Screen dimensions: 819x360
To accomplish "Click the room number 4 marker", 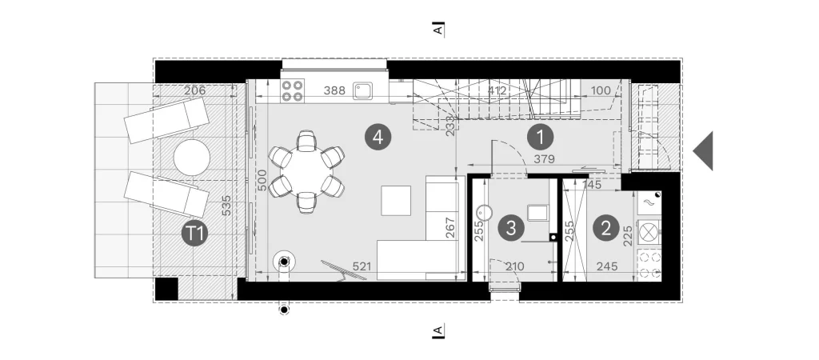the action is [378, 138].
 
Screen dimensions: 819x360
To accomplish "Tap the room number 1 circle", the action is [540, 138].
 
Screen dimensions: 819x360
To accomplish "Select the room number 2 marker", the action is [606, 228].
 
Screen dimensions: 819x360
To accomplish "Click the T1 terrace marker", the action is [194, 234].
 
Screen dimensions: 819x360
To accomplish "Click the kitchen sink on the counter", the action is [362, 91].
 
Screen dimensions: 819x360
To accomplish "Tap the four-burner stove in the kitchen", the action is [293, 90].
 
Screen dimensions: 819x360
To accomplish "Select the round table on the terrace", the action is [192, 158].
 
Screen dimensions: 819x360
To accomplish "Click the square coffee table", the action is [396, 201].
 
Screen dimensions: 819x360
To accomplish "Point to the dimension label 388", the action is [334, 90].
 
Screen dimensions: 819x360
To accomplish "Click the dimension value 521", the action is [362, 266].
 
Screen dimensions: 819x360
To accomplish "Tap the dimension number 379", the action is [544, 159].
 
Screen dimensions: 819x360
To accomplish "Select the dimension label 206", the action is [195, 90].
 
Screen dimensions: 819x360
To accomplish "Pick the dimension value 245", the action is [606, 266].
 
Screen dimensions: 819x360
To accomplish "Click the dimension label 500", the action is [262, 180].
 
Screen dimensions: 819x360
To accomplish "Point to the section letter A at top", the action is [439, 30].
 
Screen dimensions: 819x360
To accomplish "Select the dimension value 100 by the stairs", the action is [600, 90].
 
